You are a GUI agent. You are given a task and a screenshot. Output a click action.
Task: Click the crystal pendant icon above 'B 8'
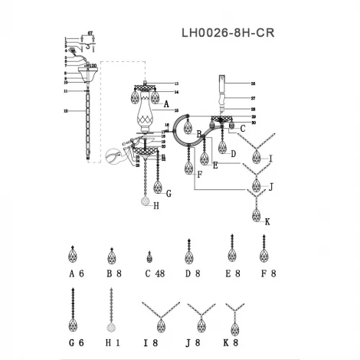113,254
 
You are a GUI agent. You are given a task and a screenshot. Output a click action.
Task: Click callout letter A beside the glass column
165,103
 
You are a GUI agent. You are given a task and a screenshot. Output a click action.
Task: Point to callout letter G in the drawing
169,194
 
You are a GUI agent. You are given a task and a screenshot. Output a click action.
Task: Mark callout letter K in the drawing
268,221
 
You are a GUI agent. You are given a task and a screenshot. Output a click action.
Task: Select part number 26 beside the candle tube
254,82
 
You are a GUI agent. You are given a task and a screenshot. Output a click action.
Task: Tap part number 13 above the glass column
175,83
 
